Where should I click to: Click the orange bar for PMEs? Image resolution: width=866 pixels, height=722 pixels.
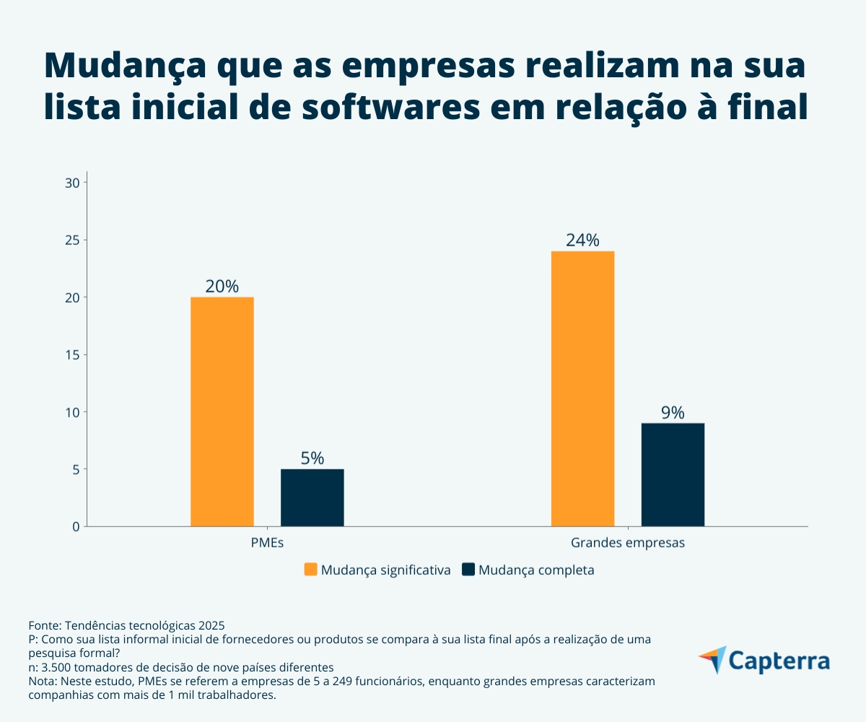click(222, 412)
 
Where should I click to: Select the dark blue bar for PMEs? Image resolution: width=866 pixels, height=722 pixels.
click(312, 497)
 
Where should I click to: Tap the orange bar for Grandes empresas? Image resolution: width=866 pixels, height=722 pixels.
click(582, 388)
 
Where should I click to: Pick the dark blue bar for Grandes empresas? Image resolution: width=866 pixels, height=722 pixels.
click(673, 474)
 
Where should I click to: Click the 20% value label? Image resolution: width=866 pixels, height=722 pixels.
click(222, 286)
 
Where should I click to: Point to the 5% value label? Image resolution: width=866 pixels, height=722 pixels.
click(312, 458)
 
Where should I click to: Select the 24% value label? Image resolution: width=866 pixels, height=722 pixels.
click(582, 240)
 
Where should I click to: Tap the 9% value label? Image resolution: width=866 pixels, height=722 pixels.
click(673, 412)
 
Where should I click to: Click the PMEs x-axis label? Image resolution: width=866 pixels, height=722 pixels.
click(267, 542)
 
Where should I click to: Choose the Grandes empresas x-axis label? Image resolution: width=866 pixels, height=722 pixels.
click(627, 542)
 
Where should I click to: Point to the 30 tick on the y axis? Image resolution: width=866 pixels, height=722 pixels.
click(71, 183)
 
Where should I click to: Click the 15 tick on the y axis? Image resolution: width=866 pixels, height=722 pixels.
click(71, 355)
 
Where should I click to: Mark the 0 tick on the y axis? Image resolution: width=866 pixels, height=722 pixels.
click(75, 526)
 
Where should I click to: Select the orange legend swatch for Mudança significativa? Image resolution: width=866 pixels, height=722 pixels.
click(310, 570)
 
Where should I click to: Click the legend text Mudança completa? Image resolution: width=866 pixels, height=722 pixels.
click(535, 570)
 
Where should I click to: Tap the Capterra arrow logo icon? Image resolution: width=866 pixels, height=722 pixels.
click(712, 659)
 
